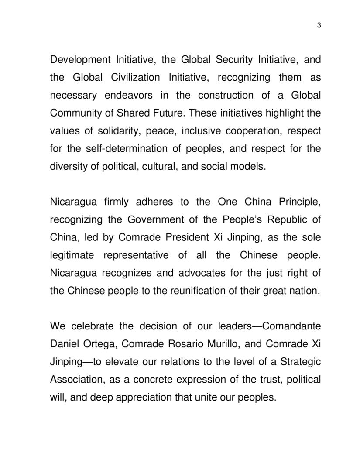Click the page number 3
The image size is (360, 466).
[x=319, y=25]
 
